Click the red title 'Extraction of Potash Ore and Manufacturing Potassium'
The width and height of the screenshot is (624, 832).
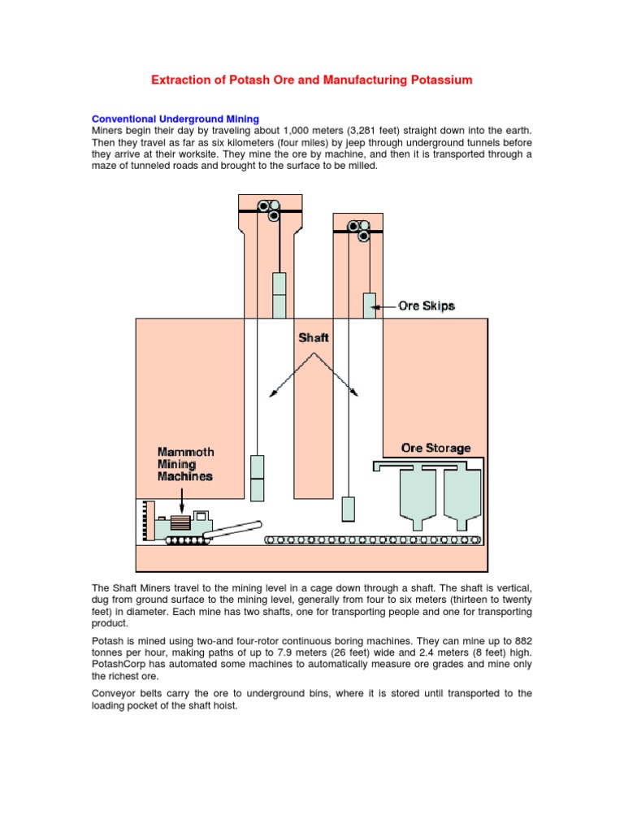[311, 80]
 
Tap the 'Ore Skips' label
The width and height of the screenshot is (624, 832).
[426, 306]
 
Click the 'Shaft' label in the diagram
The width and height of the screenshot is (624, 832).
[313, 337]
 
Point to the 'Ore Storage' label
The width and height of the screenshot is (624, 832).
[435, 448]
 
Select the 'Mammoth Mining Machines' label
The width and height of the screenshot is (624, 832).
[185, 463]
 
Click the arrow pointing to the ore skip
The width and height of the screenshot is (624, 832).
[386, 306]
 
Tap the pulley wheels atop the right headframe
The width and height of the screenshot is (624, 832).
[359, 230]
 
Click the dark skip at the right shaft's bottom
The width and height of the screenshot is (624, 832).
[349, 509]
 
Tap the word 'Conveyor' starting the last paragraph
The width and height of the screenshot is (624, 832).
[117, 693]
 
